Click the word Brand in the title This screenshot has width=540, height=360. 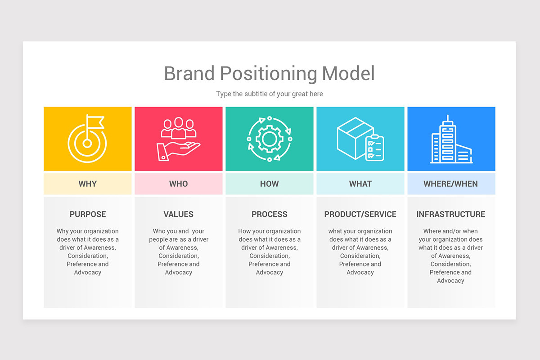(189, 73)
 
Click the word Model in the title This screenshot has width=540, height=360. (348, 73)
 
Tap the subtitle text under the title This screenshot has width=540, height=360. (270, 94)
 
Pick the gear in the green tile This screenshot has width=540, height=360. (269, 139)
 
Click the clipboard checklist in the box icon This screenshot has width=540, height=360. (375, 148)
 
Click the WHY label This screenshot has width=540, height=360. (88, 184)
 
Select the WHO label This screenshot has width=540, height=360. (179, 184)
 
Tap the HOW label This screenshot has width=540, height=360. (270, 184)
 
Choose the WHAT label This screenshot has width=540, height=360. (360, 184)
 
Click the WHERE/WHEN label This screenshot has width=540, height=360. (451, 184)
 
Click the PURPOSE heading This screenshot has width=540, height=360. (88, 214)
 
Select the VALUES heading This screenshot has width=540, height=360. (179, 214)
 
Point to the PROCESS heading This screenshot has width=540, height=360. (270, 214)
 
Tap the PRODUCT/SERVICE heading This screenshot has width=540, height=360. (360, 214)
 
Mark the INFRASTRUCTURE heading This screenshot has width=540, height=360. (451, 214)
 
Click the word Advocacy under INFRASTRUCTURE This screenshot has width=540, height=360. (451, 280)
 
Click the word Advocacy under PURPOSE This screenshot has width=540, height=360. (88, 272)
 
